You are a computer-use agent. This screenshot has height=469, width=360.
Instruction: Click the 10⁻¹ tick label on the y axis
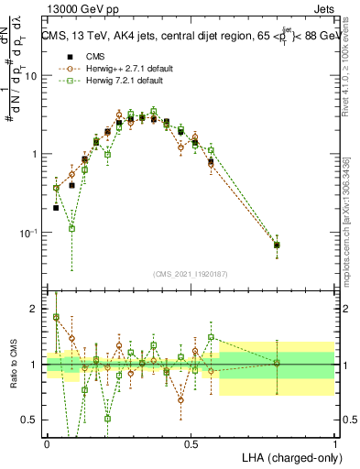pos(28,233)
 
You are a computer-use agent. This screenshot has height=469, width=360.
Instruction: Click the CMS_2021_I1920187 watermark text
pos(191,272)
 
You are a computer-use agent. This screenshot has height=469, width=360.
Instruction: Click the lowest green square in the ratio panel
pos(107,419)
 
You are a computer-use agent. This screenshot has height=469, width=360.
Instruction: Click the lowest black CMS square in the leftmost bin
pos(56,208)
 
